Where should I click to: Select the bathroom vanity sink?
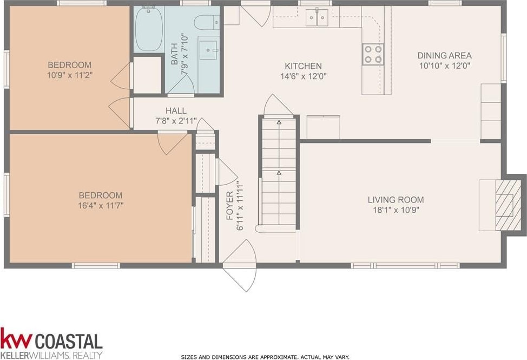coord(208,50)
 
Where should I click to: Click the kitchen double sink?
coord(317,17)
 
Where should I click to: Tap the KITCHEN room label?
coord(303,66)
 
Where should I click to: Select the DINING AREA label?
coord(444,55)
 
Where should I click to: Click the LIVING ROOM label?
coord(396,200)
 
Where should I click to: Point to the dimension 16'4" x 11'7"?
coord(101,205)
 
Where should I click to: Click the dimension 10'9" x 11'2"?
coord(70,75)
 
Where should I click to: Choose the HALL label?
coord(176,110)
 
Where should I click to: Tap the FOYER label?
coord(230,205)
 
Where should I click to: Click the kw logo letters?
coord(16,338)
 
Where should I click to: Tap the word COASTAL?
coord(69,341)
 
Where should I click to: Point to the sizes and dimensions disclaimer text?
coord(265,357)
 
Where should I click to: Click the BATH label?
coord(174,54)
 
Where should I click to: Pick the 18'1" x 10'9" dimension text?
coord(396,211)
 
